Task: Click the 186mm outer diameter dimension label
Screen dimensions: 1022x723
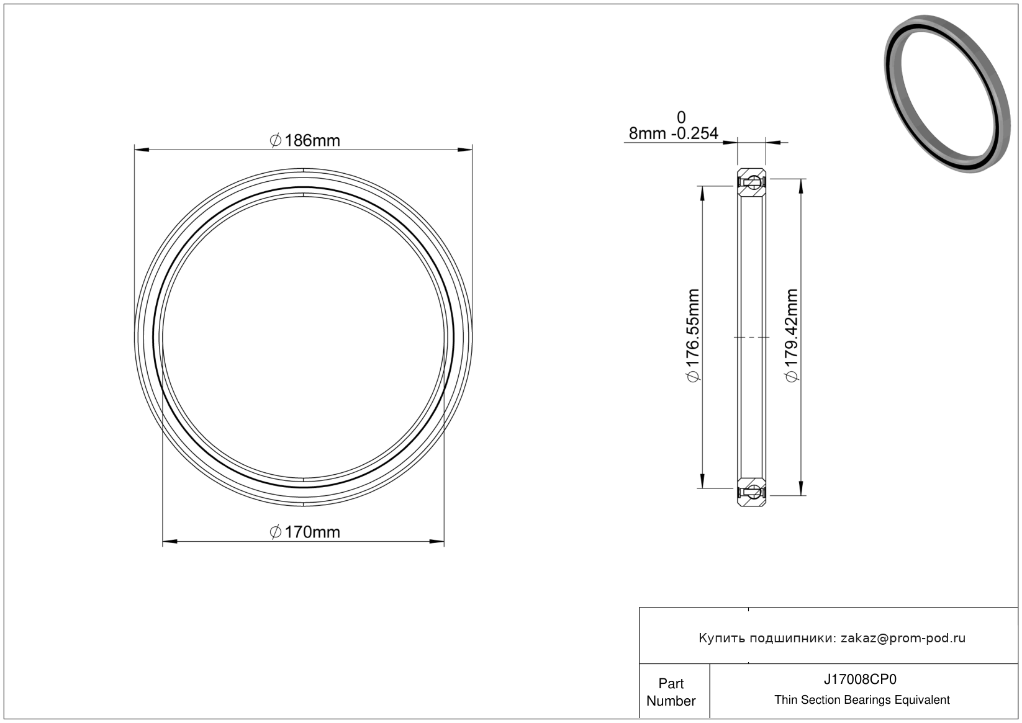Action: (x=305, y=140)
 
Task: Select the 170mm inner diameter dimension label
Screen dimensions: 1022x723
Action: (x=305, y=532)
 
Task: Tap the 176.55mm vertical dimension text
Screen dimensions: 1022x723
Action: (x=693, y=336)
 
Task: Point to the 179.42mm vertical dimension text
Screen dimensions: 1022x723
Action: (x=792, y=336)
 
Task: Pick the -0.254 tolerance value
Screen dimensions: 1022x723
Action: (x=694, y=133)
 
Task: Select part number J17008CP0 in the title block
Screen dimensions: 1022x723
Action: (x=860, y=679)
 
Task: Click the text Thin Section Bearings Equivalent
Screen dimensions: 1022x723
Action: (x=862, y=700)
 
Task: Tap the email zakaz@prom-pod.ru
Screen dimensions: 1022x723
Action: (x=903, y=638)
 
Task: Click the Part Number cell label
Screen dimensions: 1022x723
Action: (x=671, y=691)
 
